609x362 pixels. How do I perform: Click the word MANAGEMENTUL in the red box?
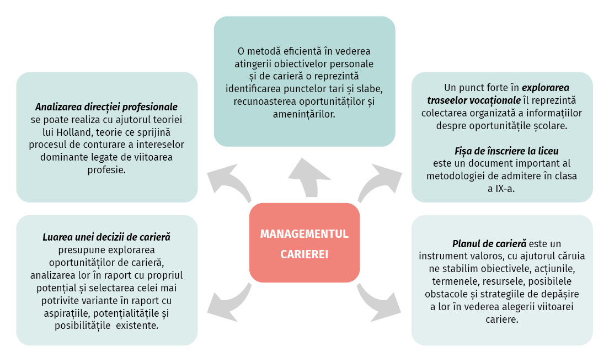304,234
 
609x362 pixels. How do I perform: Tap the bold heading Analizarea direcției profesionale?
106,107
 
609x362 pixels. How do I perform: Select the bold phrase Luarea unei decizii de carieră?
106,237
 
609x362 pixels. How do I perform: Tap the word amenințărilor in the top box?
304,114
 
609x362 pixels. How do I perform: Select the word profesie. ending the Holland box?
106,170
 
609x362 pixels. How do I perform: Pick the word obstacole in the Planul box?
441,294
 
